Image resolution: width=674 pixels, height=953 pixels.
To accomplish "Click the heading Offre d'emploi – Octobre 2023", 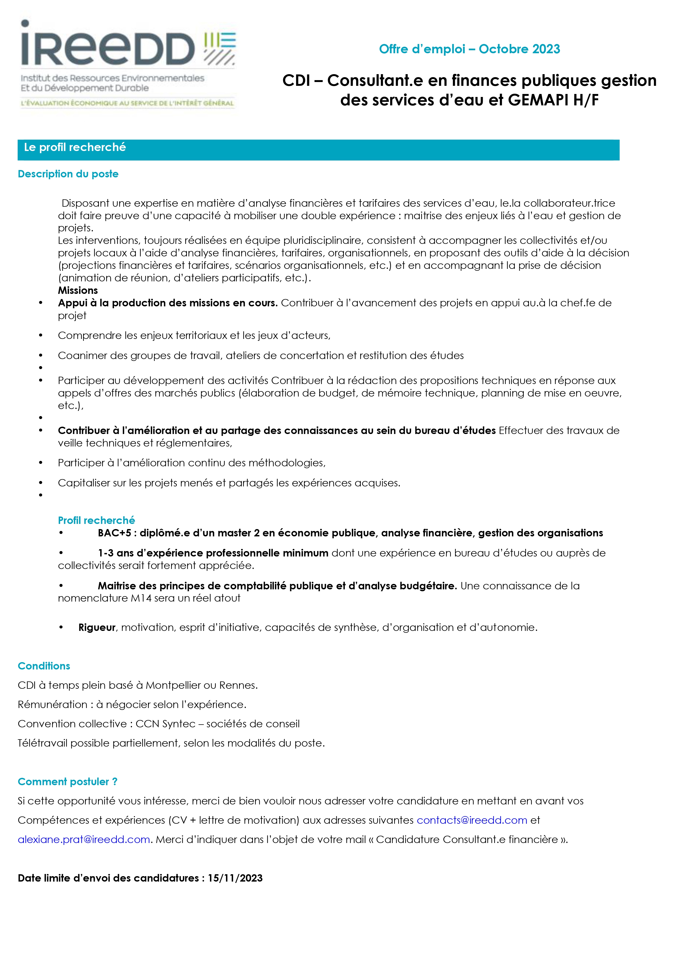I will click(x=469, y=49).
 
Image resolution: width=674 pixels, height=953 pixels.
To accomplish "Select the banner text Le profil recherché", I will click(x=75, y=147).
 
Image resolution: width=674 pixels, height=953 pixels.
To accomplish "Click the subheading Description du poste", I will click(x=68, y=174).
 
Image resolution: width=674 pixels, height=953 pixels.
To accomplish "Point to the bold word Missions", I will click(x=78, y=290).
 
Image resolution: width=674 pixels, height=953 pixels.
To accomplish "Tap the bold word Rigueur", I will click(x=97, y=627).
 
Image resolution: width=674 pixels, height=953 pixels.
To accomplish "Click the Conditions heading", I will click(x=44, y=666).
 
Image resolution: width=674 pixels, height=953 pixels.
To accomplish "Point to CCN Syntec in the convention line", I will click(x=165, y=724).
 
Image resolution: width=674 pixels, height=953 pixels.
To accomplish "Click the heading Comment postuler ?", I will click(x=67, y=782).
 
